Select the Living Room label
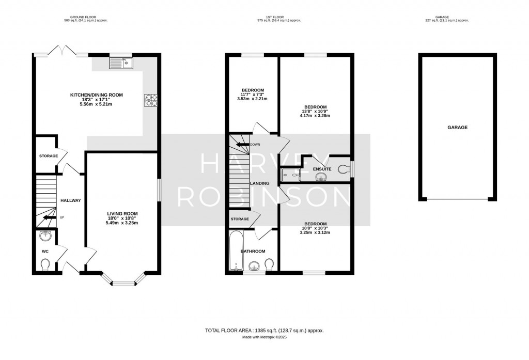click(x=122, y=213)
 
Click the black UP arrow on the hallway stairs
click(x=50, y=217)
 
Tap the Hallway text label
click(x=71, y=200)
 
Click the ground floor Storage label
click(x=49, y=155)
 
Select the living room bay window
click(x=123, y=282)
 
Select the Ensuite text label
click(x=322, y=169)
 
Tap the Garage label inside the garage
click(x=457, y=127)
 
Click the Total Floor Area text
click(x=264, y=331)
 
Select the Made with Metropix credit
click(x=264, y=338)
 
